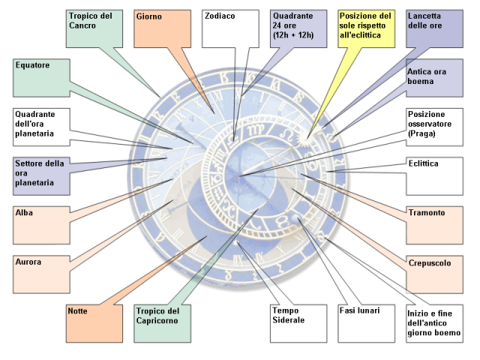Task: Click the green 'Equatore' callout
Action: click(x=42, y=78)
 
